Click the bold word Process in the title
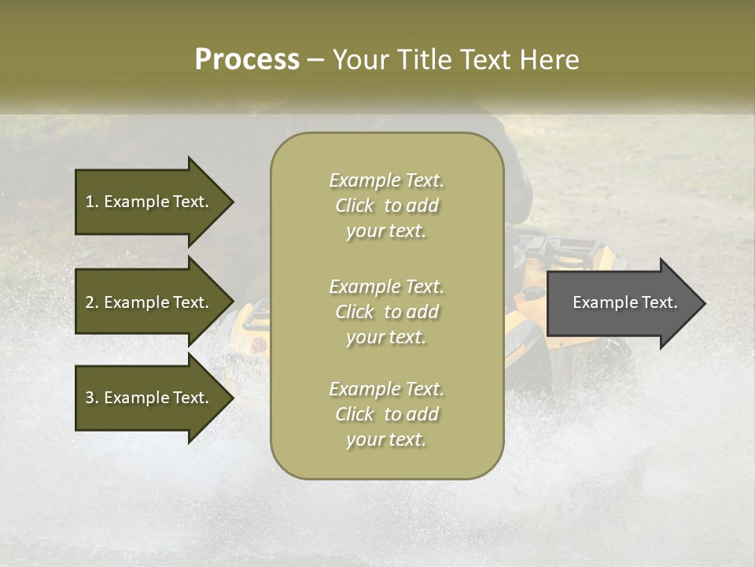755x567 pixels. (247, 60)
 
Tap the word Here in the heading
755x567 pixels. (549, 60)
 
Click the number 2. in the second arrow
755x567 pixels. (91, 302)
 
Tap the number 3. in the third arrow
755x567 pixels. (91, 398)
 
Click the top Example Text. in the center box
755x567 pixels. (386, 180)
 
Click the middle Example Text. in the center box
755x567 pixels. (386, 287)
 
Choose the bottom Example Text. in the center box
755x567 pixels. (386, 389)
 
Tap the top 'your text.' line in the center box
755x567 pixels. (386, 232)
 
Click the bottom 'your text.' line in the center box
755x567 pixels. (386, 440)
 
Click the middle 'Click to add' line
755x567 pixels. (386, 312)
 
